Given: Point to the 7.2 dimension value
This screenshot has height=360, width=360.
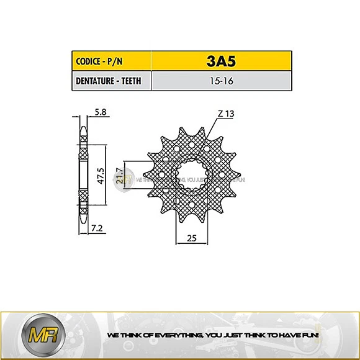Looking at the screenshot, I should pyautogui.click(x=96, y=229).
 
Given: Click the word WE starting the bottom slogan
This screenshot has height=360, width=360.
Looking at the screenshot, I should pyautogui.click(x=112, y=335).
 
